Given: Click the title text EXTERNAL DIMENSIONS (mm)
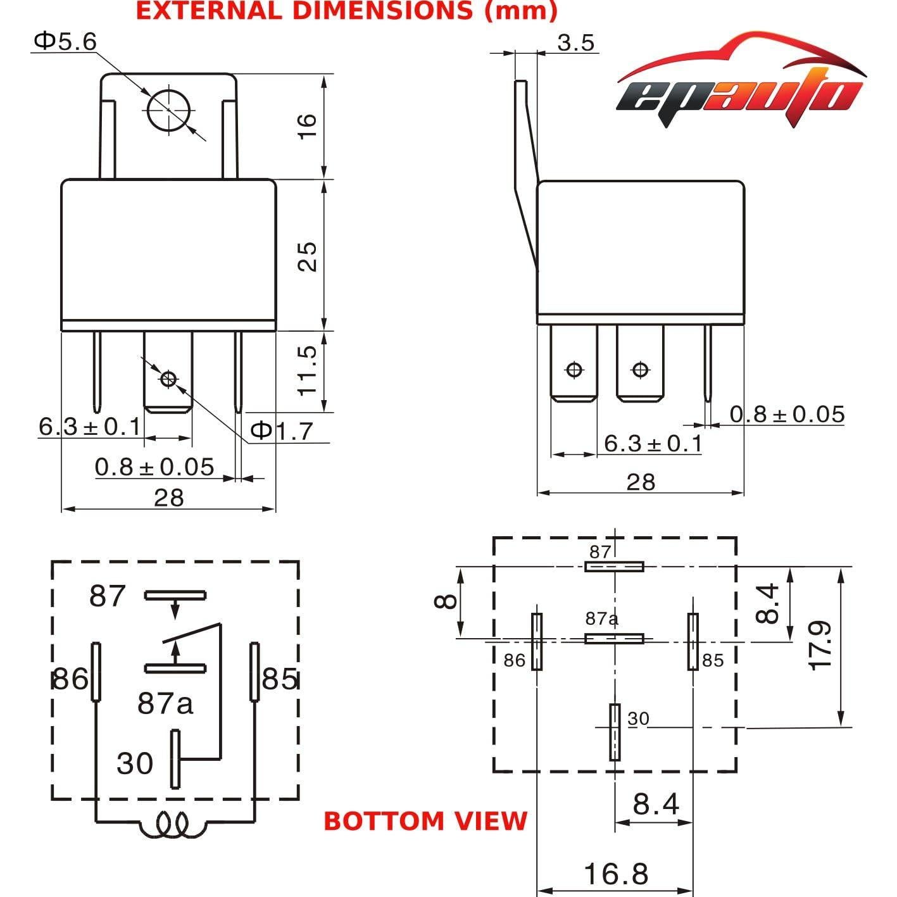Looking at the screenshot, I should (x=347, y=11).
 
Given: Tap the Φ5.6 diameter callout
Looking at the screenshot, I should (x=65, y=42).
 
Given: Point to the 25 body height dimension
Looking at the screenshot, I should (x=306, y=255).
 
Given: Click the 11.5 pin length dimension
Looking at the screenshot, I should (x=306, y=370).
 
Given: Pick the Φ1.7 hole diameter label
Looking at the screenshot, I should (x=282, y=431).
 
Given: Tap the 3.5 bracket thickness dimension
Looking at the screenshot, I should (x=576, y=42).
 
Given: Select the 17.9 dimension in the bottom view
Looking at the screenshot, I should (x=820, y=646).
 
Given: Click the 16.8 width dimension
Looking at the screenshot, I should (x=616, y=874).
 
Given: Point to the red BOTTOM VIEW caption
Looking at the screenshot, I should (x=425, y=821).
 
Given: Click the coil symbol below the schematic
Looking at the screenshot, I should (x=172, y=825).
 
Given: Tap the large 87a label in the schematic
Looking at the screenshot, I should (x=165, y=703).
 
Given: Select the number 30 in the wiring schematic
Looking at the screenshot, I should (x=135, y=763).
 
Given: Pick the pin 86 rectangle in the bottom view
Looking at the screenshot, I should (x=537, y=641).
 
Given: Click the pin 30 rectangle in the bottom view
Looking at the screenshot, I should (x=614, y=732).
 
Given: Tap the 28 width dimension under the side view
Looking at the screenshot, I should (x=640, y=482).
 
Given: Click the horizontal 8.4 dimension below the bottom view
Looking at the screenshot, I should (x=655, y=805).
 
